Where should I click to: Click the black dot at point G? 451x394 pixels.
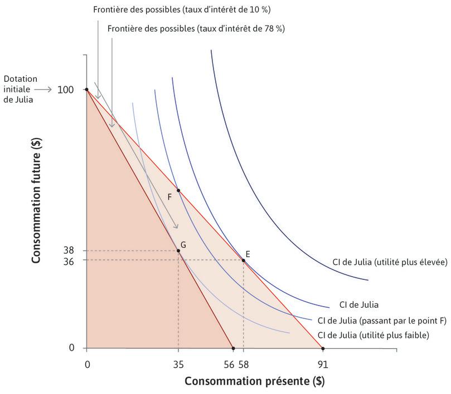pos(178,251)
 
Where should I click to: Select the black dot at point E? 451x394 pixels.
pos(244,260)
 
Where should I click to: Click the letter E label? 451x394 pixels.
pos(248,254)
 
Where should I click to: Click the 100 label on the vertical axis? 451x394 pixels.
pos(66,90)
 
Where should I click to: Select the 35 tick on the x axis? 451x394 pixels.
pos(178,365)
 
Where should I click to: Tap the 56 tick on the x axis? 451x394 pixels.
pos(230,365)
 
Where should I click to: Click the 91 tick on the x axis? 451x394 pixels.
pos(323,365)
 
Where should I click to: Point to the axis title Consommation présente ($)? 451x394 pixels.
pos(254,382)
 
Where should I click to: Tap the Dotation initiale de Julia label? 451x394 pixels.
pos(19,90)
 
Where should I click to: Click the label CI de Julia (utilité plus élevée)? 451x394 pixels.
pos(388,263)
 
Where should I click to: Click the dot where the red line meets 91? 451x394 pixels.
pos(323,348)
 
